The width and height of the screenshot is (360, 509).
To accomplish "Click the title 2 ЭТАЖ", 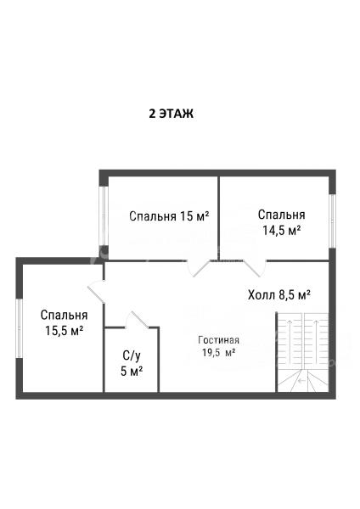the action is [172, 114].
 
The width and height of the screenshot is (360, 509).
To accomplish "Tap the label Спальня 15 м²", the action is [169, 215].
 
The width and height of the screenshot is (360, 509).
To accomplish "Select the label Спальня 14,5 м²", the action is [281, 222].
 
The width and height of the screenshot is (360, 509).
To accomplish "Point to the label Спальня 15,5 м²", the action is [64, 322].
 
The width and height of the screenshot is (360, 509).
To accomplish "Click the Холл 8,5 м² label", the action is [279, 295].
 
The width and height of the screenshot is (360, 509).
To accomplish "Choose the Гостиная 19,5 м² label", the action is [219, 346].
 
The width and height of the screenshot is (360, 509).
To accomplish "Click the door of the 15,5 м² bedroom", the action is [97, 292].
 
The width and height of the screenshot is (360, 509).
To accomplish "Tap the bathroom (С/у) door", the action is [138, 320].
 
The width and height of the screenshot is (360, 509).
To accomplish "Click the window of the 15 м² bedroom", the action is [104, 215].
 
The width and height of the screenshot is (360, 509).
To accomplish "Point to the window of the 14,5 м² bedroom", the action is [332, 221].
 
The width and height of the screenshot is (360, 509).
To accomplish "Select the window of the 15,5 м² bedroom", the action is [20, 328].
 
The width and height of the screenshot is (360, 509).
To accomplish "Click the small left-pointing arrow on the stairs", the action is [302, 381].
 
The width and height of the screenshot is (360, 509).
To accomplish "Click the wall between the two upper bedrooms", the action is [218, 218].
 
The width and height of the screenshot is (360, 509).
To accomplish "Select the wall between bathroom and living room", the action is [159, 360].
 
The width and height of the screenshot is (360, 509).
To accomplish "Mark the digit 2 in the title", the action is [152, 114].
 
